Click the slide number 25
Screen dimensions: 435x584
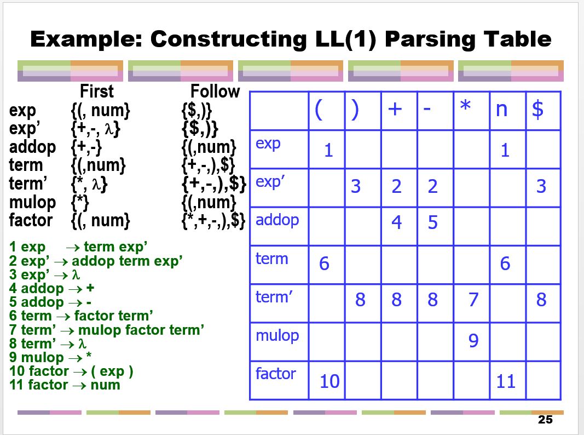pos(545,420)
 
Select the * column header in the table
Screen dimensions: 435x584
pos(465,108)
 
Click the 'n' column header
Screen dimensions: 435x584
pos(501,110)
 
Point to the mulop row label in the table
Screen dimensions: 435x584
pos(277,335)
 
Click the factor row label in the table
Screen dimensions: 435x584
pos(275,374)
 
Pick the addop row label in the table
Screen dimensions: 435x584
pos(277,220)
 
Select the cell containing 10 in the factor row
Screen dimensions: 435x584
pos(329,381)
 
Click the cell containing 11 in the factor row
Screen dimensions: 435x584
pos(506,381)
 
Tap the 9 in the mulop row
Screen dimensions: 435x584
pos(473,341)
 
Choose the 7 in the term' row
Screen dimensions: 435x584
pos(473,300)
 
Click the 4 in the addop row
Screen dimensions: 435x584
pos(397,222)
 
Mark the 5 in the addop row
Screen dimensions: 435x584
pos(432,222)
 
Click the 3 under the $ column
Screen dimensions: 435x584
pos(541,186)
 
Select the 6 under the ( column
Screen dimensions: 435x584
pos(324,264)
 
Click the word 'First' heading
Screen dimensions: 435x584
pos(97,91)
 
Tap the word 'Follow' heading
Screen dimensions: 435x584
pos(215,91)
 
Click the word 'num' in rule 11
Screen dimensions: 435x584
pos(106,385)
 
